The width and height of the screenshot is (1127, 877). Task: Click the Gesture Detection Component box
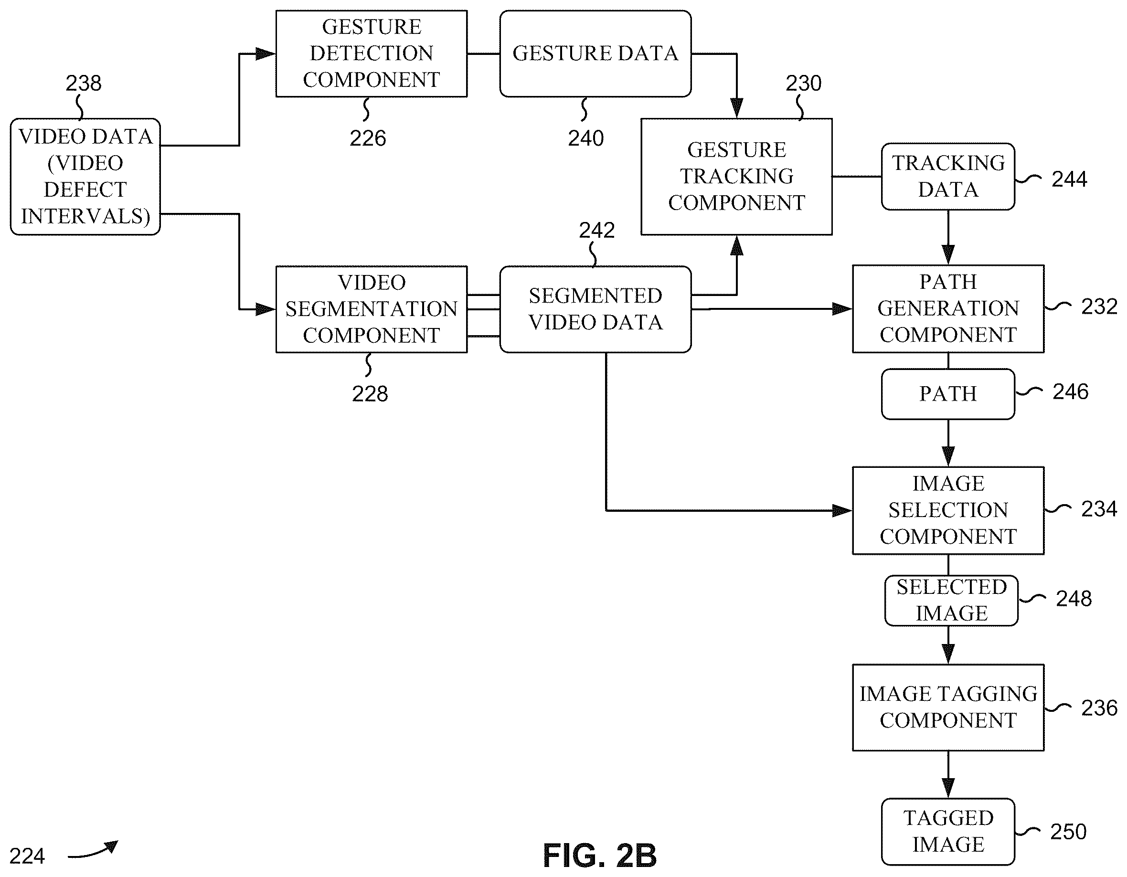[372, 53]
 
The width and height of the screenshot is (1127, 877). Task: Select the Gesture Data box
[595, 53]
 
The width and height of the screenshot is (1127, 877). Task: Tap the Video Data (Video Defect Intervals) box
[85, 177]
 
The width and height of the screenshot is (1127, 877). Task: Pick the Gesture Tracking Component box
[736, 177]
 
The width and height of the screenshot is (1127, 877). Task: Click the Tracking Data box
[948, 177]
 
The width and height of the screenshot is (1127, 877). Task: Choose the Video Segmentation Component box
[372, 309]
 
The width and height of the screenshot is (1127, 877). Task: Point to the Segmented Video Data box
[595, 309]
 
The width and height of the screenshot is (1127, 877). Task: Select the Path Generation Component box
[948, 308]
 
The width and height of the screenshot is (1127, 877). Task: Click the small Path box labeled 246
[948, 393]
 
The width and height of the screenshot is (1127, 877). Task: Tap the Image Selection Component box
[948, 510]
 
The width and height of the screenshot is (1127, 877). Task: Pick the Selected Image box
[951, 601]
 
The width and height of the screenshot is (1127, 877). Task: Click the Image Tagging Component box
[948, 707]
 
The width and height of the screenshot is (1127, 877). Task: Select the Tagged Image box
[948, 832]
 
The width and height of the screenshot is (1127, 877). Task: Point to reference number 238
[84, 83]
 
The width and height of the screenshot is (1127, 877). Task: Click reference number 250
[1068, 832]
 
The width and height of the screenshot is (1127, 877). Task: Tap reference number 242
[596, 230]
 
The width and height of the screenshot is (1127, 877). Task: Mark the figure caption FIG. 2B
[600, 856]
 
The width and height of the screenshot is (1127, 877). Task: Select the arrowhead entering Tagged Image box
[948, 788]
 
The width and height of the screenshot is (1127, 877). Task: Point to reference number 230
[803, 83]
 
